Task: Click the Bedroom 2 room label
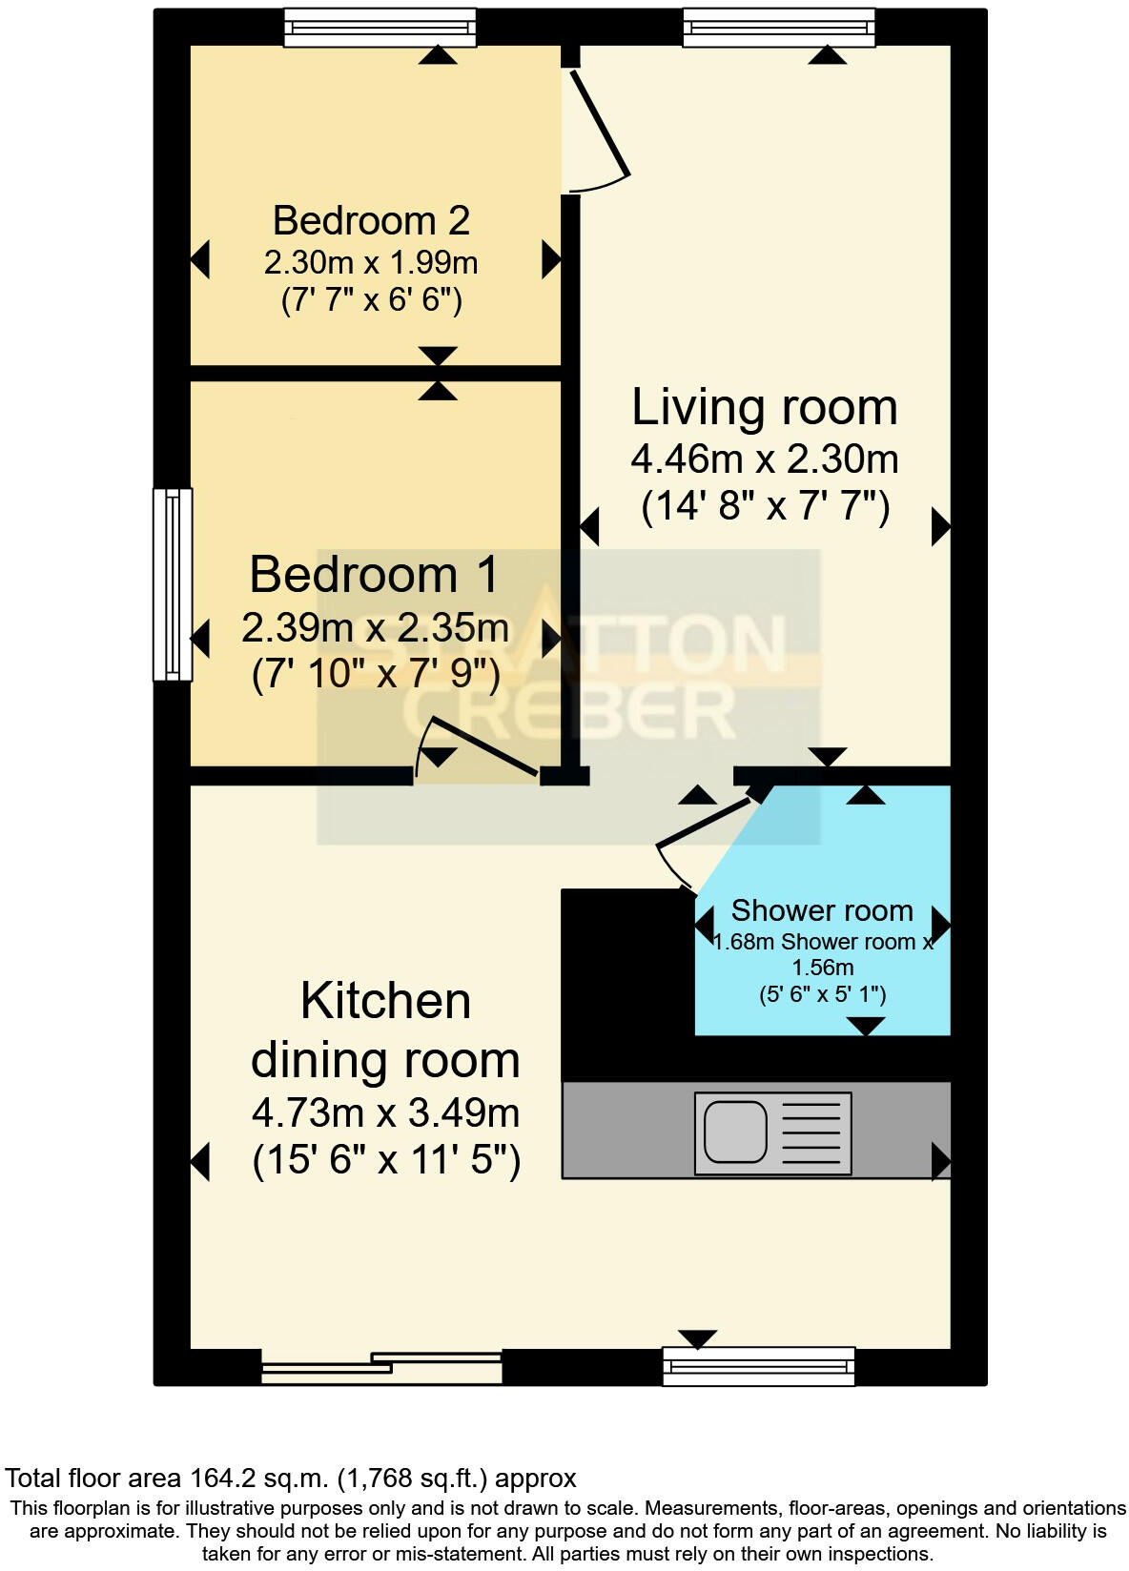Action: point(371,220)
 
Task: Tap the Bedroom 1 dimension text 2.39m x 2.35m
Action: point(375,628)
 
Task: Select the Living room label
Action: point(765,407)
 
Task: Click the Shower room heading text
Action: point(822,910)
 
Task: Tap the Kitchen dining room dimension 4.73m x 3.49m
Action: point(385,1112)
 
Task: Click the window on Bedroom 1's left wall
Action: point(173,584)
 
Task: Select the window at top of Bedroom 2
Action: point(380,28)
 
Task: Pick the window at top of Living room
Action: point(779,28)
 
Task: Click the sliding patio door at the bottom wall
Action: point(381,1367)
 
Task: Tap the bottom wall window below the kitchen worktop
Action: point(759,1365)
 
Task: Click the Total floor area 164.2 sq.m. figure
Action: point(291,1479)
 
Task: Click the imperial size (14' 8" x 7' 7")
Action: point(765,505)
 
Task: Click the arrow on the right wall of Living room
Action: point(940,526)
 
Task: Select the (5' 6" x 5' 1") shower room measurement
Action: point(822,995)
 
